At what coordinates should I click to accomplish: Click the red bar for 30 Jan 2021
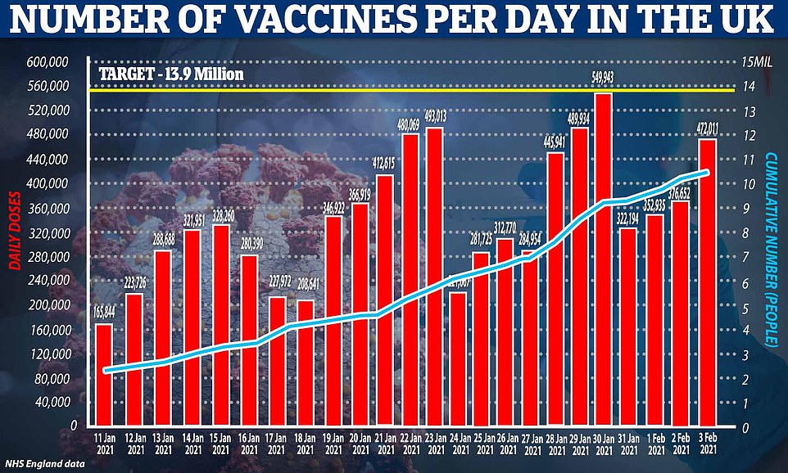tap(603, 262)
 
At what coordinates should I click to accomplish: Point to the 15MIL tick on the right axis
tap(754, 62)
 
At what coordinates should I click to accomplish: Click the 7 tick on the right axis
tap(745, 258)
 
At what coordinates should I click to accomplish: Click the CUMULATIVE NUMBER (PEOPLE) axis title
tap(772, 246)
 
